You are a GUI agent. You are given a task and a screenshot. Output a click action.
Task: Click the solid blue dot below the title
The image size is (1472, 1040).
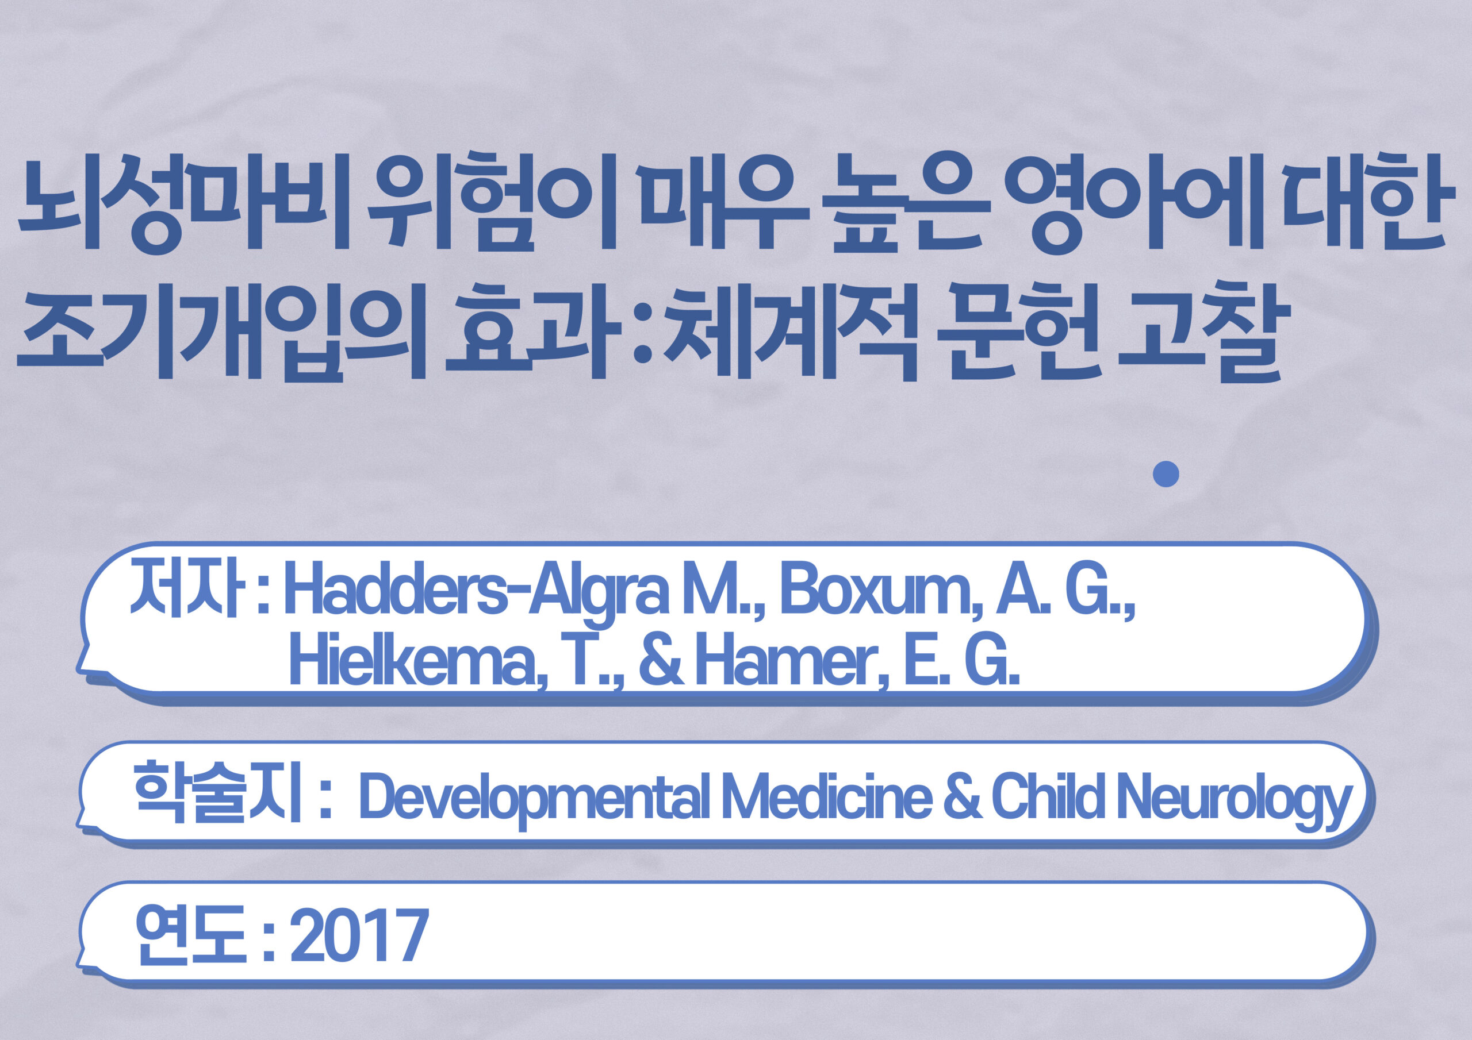tap(1166, 474)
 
